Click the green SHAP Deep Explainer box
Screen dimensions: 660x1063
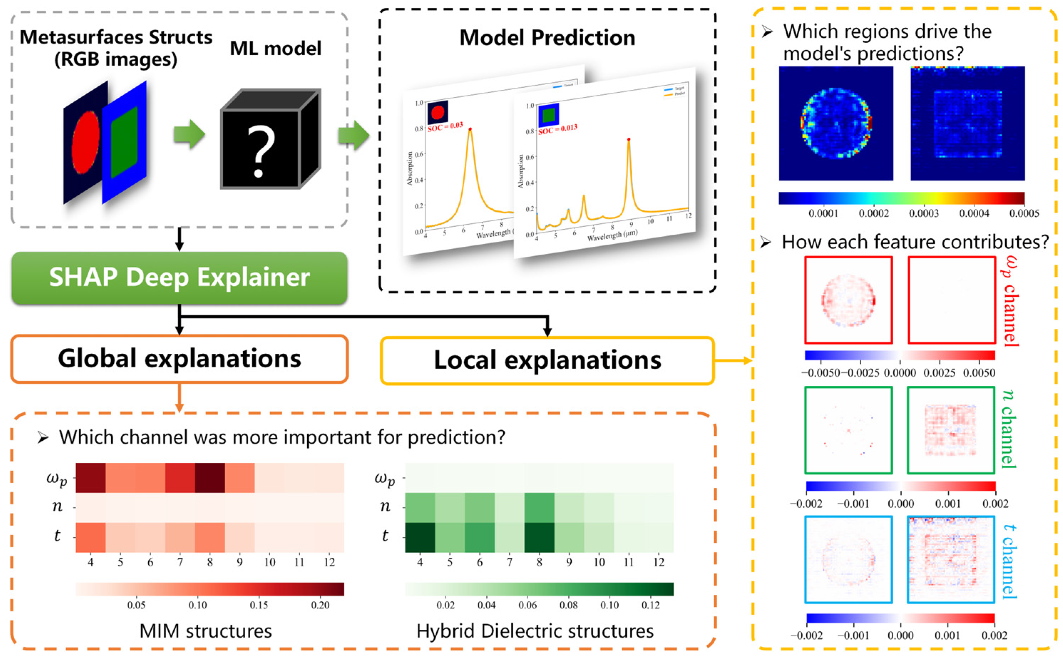click(x=179, y=278)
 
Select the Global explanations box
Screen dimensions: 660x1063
click(x=179, y=359)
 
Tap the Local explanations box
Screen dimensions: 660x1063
click(x=547, y=360)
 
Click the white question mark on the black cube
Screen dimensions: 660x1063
click(x=261, y=150)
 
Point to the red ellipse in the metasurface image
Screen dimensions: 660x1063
click(x=86, y=142)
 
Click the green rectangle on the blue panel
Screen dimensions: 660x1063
click(x=124, y=142)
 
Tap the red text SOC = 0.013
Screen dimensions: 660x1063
click(x=557, y=129)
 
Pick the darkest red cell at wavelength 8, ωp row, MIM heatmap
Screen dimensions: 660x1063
click(x=210, y=477)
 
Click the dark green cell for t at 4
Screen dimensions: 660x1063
click(x=420, y=537)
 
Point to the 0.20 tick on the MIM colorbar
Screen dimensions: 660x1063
click(x=320, y=605)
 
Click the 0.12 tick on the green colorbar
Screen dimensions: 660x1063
click(x=650, y=605)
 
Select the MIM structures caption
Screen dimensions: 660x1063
click(x=206, y=631)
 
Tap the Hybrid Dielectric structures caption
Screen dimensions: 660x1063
click(x=535, y=631)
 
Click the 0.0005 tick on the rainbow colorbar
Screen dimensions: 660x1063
click(x=1024, y=214)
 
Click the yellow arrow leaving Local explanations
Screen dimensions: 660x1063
click(x=733, y=360)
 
